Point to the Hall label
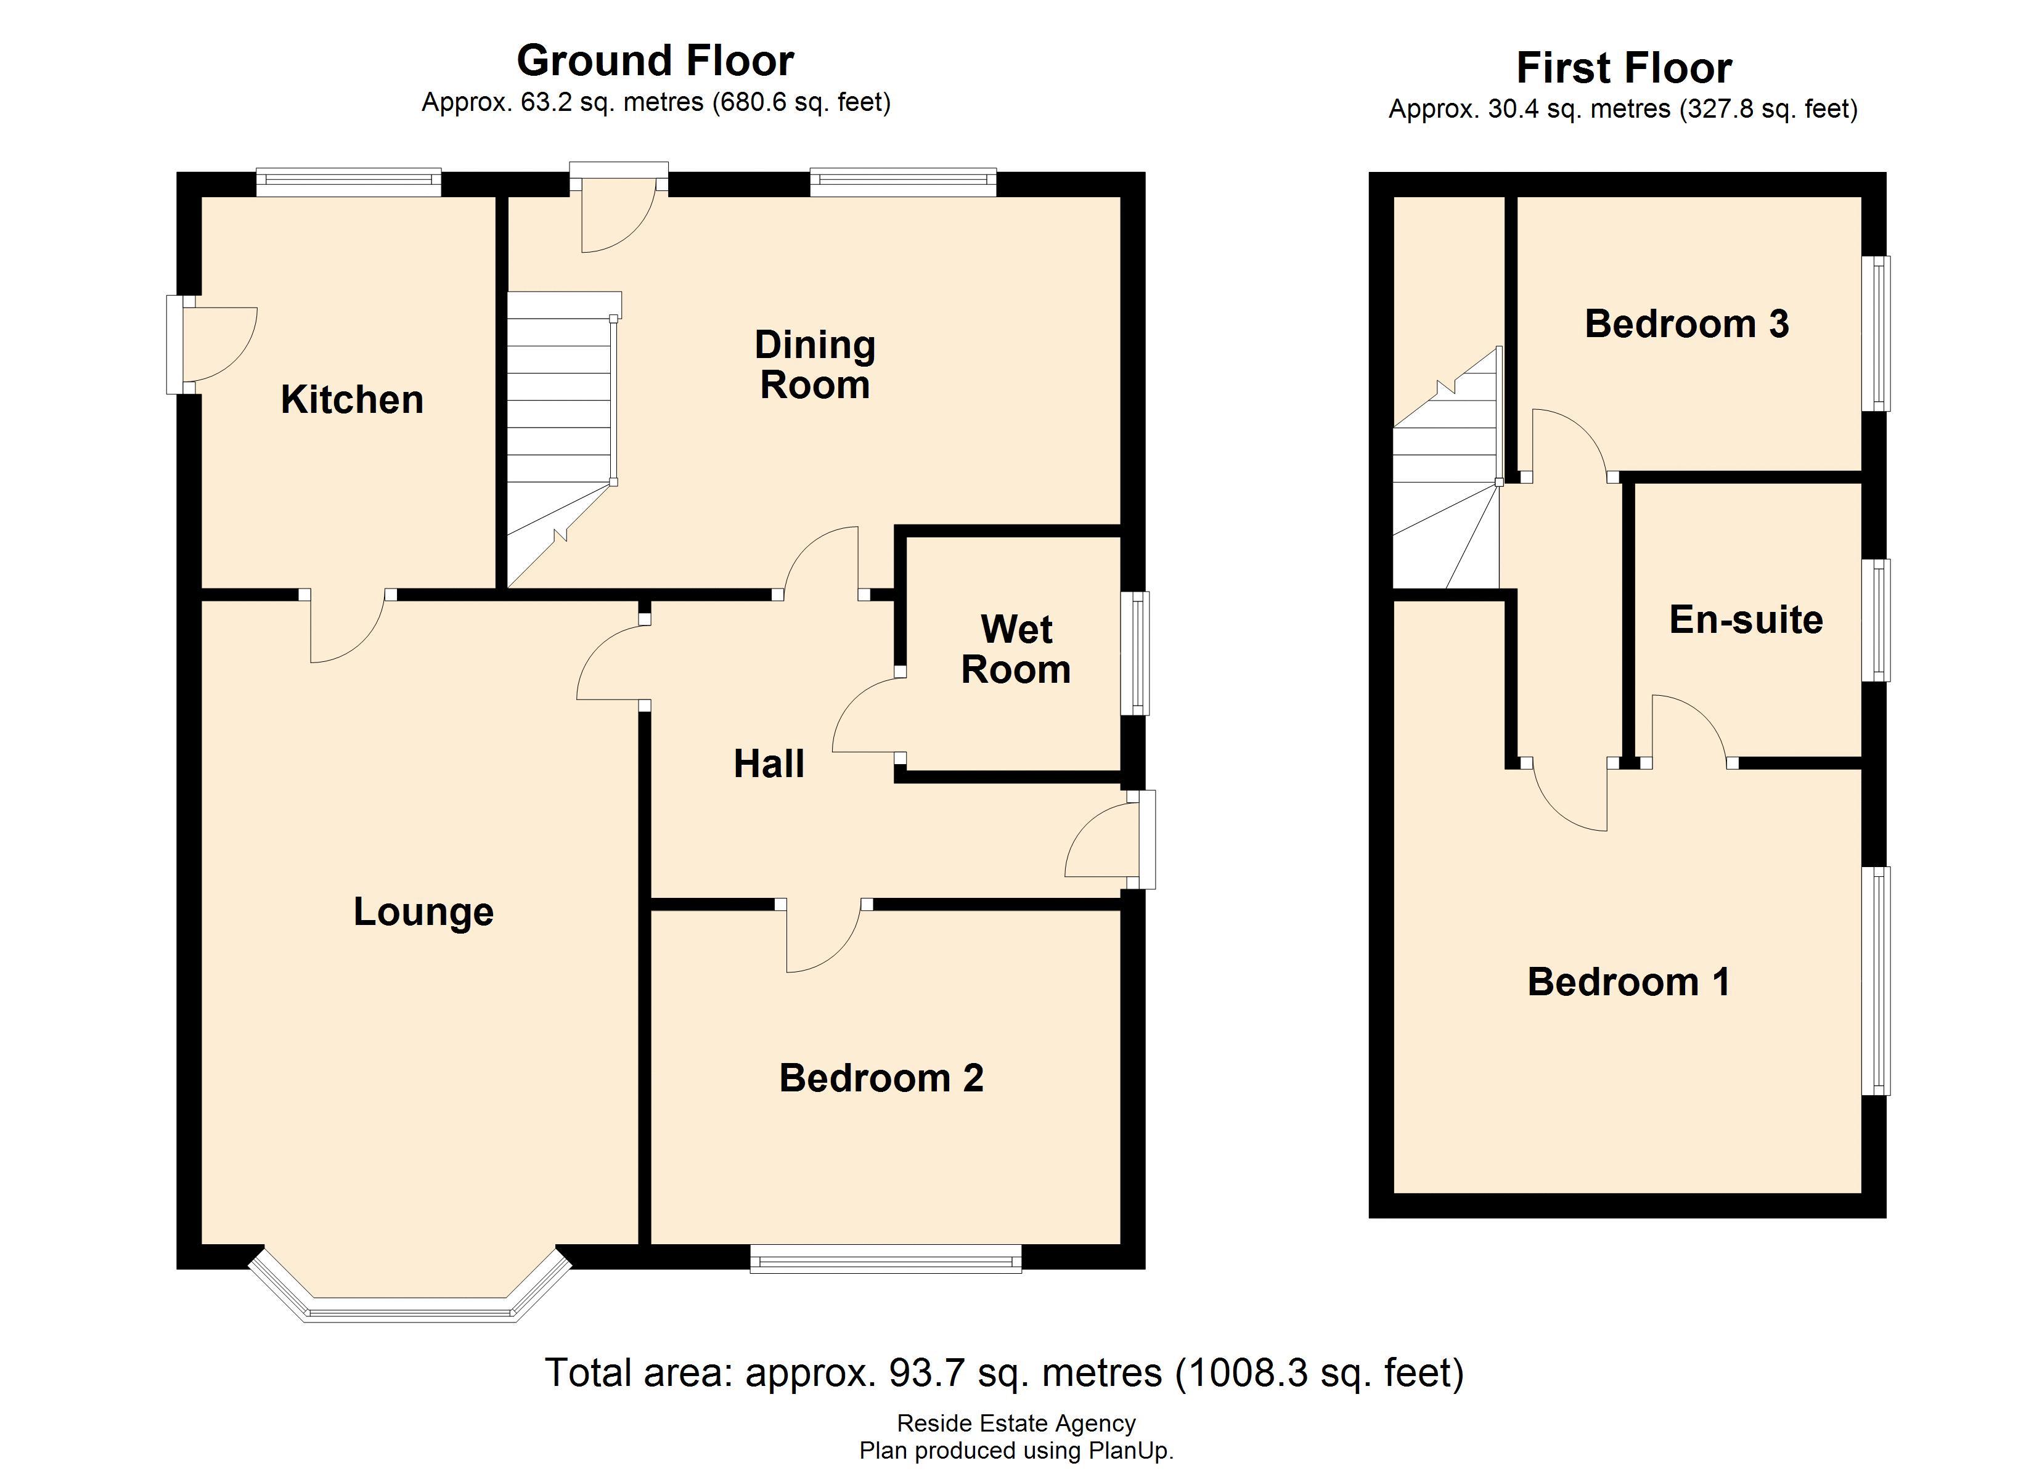[x=769, y=764]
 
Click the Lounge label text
[x=423, y=912]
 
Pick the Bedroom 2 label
[x=881, y=1078]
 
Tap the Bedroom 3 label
[x=1686, y=324]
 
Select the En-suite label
[x=1745, y=620]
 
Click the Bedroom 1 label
[x=1628, y=982]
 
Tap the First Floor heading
[x=1624, y=68]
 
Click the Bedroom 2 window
[x=885, y=1259]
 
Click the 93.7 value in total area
[x=926, y=1373]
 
